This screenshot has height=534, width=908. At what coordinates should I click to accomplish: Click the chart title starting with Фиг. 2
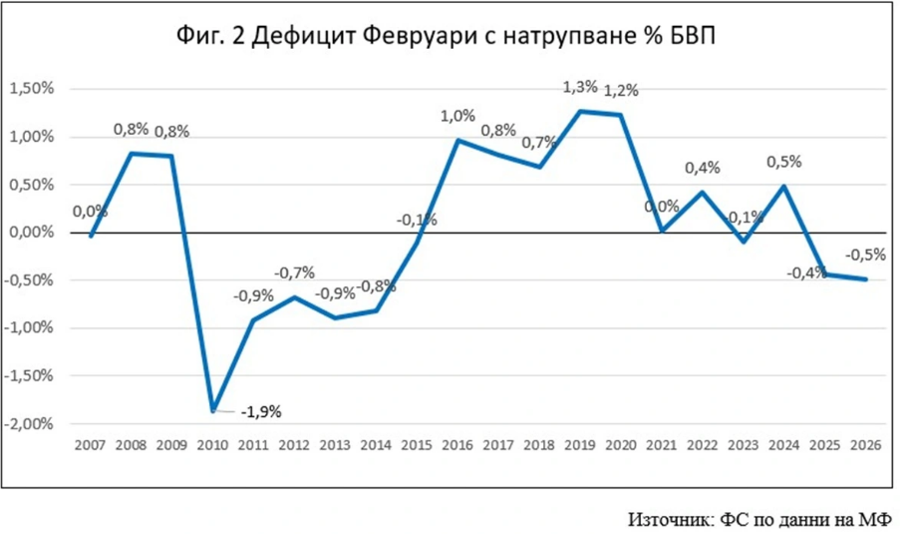[x=446, y=36]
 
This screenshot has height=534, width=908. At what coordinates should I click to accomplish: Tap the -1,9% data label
[x=262, y=411]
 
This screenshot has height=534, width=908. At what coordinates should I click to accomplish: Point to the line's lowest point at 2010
[x=211, y=410]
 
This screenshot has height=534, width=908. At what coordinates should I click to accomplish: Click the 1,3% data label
[x=580, y=88]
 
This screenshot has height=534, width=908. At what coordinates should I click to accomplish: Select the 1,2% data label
[x=621, y=91]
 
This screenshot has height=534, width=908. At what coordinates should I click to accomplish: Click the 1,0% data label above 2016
[x=458, y=117]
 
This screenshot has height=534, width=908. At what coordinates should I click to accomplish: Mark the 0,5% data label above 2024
[x=784, y=162]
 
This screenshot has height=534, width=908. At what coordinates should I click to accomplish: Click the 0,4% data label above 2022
[x=703, y=168]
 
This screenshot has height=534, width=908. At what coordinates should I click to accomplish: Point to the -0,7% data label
[x=296, y=271]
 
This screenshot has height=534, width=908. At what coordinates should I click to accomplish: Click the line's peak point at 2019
[x=580, y=111]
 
